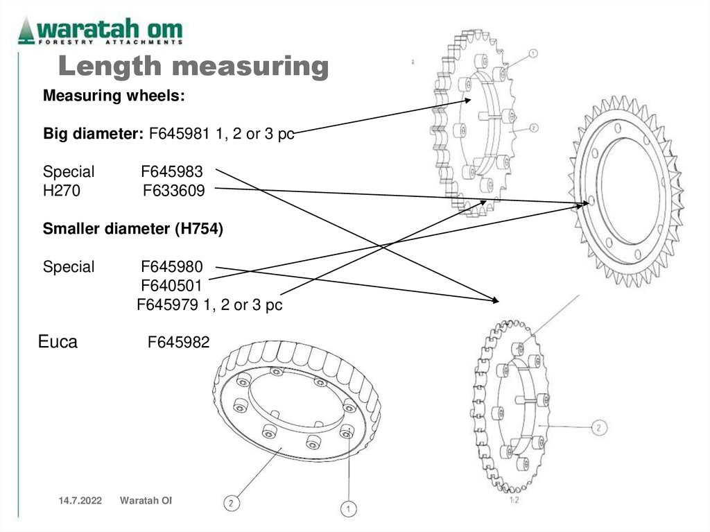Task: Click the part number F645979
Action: click(167, 304)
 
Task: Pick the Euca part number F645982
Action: click(178, 342)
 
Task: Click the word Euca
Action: click(58, 341)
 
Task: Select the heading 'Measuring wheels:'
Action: click(114, 96)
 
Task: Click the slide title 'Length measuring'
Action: click(192, 67)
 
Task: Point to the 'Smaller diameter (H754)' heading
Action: click(133, 229)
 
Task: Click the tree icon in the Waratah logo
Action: click(27, 30)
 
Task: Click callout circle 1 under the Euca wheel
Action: click(347, 509)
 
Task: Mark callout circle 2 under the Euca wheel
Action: click(233, 502)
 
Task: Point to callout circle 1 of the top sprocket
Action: click(533, 53)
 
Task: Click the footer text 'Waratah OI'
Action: click(146, 501)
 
